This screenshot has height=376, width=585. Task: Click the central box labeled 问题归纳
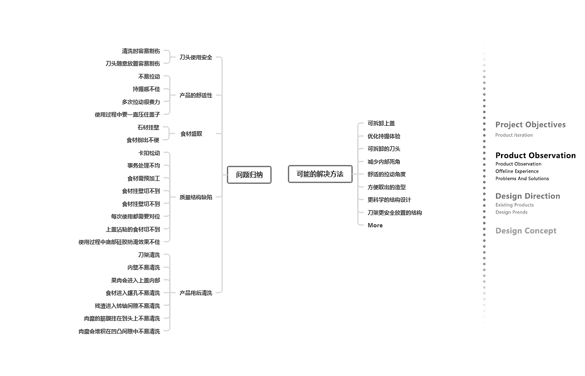[x=249, y=175]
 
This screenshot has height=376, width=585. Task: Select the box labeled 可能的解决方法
[x=320, y=174]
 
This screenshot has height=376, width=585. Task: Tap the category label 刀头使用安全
[x=196, y=57]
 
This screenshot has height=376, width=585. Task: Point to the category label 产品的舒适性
[x=196, y=95]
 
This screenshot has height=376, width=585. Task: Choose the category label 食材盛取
[x=191, y=134]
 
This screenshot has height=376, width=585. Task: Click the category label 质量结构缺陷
[x=196, y=197]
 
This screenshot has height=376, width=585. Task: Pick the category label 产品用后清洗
[x=196, y=293]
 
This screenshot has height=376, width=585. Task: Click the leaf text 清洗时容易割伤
[x=141, y=51]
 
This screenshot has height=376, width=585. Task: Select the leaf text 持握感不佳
[x=146, y=89]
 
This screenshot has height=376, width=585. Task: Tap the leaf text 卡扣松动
[x=149, y=153]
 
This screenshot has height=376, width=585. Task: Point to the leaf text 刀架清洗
[x=149, y=255]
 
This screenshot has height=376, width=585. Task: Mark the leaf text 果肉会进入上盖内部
[x=135, y=280]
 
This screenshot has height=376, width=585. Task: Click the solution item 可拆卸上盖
[x=381, y=123]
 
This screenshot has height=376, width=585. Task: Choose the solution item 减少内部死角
[x=384, y=162]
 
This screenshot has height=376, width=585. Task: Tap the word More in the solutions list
[x=375, y=225]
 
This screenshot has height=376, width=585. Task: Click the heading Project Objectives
[x=530, y=124]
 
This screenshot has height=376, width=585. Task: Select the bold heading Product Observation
[x=535, y=155]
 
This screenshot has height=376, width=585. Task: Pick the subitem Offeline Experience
[x=517, y=171]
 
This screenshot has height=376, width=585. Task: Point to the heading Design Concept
[x=526, y=231]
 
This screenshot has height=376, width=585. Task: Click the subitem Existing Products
[x=514, y=205]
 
